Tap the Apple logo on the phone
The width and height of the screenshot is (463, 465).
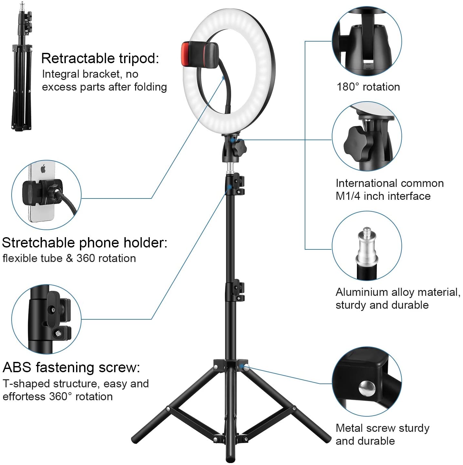tap(43, 169)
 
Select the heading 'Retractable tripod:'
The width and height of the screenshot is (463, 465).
tap(100, 58)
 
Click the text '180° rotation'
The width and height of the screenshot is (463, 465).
tap(368, 87)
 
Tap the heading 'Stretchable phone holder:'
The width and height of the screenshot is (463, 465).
tap(84, 243)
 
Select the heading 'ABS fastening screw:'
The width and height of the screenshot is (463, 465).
tap(71, 367)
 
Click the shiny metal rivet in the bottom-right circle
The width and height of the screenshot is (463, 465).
tap(367, 389)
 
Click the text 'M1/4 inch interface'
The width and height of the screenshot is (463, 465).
tap(383, 196)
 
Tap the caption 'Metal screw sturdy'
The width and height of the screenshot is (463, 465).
tap(383, 428)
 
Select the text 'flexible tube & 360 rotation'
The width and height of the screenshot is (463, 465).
tap(69, 258)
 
